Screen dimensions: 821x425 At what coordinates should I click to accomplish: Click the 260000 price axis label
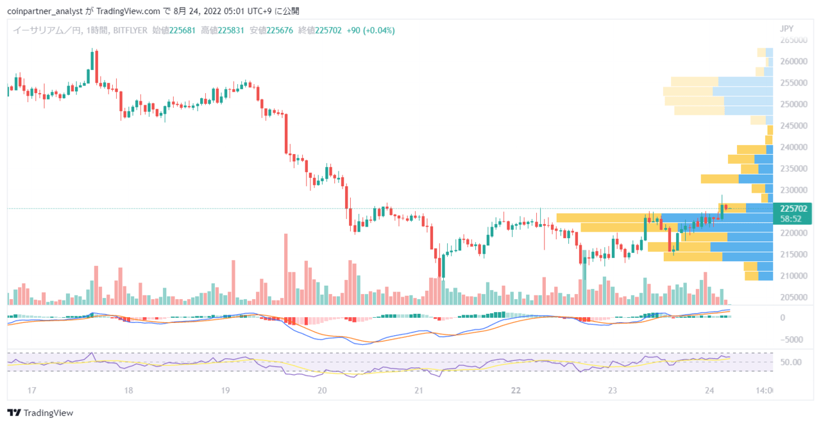coord(793,61)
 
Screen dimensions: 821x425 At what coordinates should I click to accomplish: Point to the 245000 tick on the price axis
coord(793,126)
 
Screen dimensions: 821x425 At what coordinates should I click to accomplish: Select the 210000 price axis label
coord(793,275)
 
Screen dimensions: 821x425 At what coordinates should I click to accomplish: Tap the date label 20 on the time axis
coord(322,390)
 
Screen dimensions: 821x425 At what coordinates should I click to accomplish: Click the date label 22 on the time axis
coord(516,390)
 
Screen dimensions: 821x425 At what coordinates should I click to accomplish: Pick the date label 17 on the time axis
coord(31,390)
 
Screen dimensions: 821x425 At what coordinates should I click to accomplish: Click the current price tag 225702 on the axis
coord(793,209)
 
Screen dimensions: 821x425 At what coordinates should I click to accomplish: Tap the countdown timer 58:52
coord(791,219)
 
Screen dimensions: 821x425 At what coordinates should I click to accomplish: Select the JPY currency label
coord(786,29)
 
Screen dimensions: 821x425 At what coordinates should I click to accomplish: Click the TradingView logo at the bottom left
coord(40,413)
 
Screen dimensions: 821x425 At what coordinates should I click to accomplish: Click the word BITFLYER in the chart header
coord(130,30)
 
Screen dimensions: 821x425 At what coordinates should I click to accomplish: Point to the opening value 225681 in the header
coord(182,30)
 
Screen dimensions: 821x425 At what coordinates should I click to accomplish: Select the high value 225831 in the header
coord(231,30)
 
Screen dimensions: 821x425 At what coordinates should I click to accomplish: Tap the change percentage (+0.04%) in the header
coord(379,30)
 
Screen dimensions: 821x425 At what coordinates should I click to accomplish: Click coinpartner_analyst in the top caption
coord(45,12)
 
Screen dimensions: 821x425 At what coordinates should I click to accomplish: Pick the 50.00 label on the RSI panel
coord(791,362)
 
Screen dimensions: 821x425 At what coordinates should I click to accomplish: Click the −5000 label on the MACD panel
coord(791,340)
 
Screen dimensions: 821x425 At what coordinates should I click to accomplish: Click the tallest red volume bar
coord(286,269)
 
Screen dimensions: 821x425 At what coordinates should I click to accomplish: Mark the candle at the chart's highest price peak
coord(92,60)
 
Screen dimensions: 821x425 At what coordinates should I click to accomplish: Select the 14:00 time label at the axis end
coord(764,390)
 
